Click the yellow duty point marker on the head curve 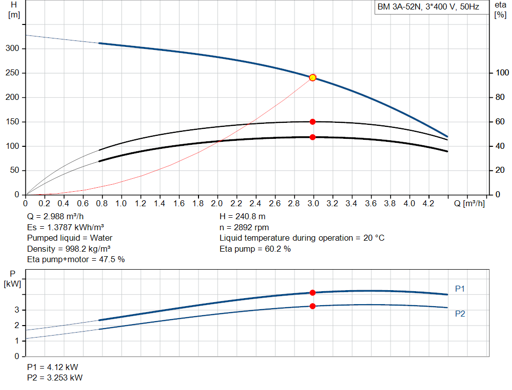(312, 77)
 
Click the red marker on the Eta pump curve (312, 122)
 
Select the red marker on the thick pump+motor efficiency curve (312, 137)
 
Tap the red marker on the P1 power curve (312, 293)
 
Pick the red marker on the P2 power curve (312, 306)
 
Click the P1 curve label (460, 289)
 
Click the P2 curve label (460, 314)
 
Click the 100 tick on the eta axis (500, 73)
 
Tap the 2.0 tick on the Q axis (217, 204)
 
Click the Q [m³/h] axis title (470, 204)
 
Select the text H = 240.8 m (243, 217)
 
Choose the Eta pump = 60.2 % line (255, 249)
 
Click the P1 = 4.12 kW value (52, 367)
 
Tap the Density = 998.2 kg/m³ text (69, 249)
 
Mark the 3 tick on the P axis (17, 310)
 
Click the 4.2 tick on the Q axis (428, 204)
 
